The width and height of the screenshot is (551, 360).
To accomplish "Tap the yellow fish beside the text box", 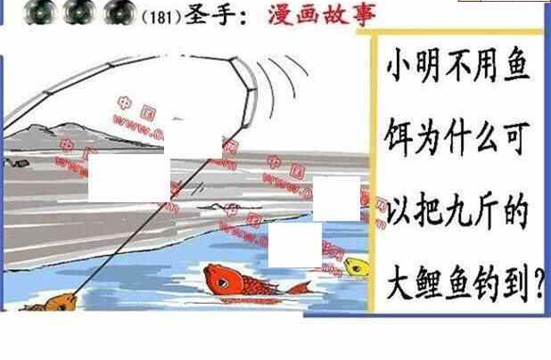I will pos(356,266).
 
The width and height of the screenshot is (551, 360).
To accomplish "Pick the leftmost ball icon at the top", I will pos(37,12).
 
